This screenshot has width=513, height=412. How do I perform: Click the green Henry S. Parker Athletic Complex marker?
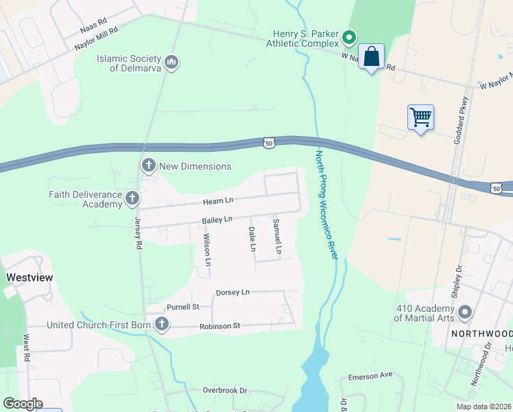[348, 36]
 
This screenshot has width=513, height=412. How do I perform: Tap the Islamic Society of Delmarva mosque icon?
[171, 63]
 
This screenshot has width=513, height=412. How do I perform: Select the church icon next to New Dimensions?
[148, 165]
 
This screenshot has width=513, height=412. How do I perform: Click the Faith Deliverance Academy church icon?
[132, 199]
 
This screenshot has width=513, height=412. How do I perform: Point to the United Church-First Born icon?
[162, 324]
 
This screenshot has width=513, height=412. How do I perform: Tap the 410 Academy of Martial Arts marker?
[465, 312]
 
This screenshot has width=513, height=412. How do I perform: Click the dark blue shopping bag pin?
[371, 57]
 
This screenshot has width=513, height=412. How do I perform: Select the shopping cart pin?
[420, 117]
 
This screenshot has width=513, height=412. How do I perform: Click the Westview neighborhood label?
[29, 277]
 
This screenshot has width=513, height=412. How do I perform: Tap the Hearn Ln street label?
[218, 201]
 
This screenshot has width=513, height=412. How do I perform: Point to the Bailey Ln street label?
[218, 220]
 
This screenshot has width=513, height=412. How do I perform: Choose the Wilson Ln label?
[207, 250]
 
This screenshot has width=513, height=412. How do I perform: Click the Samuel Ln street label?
[277, 237]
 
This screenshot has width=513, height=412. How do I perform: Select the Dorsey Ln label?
[232, 292]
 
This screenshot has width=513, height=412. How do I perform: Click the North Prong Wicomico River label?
[326, 203]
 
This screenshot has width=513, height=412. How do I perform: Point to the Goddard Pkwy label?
[460, 113]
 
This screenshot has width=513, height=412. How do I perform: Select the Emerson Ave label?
[370, 376]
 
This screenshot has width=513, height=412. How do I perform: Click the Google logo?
[22, 403]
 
